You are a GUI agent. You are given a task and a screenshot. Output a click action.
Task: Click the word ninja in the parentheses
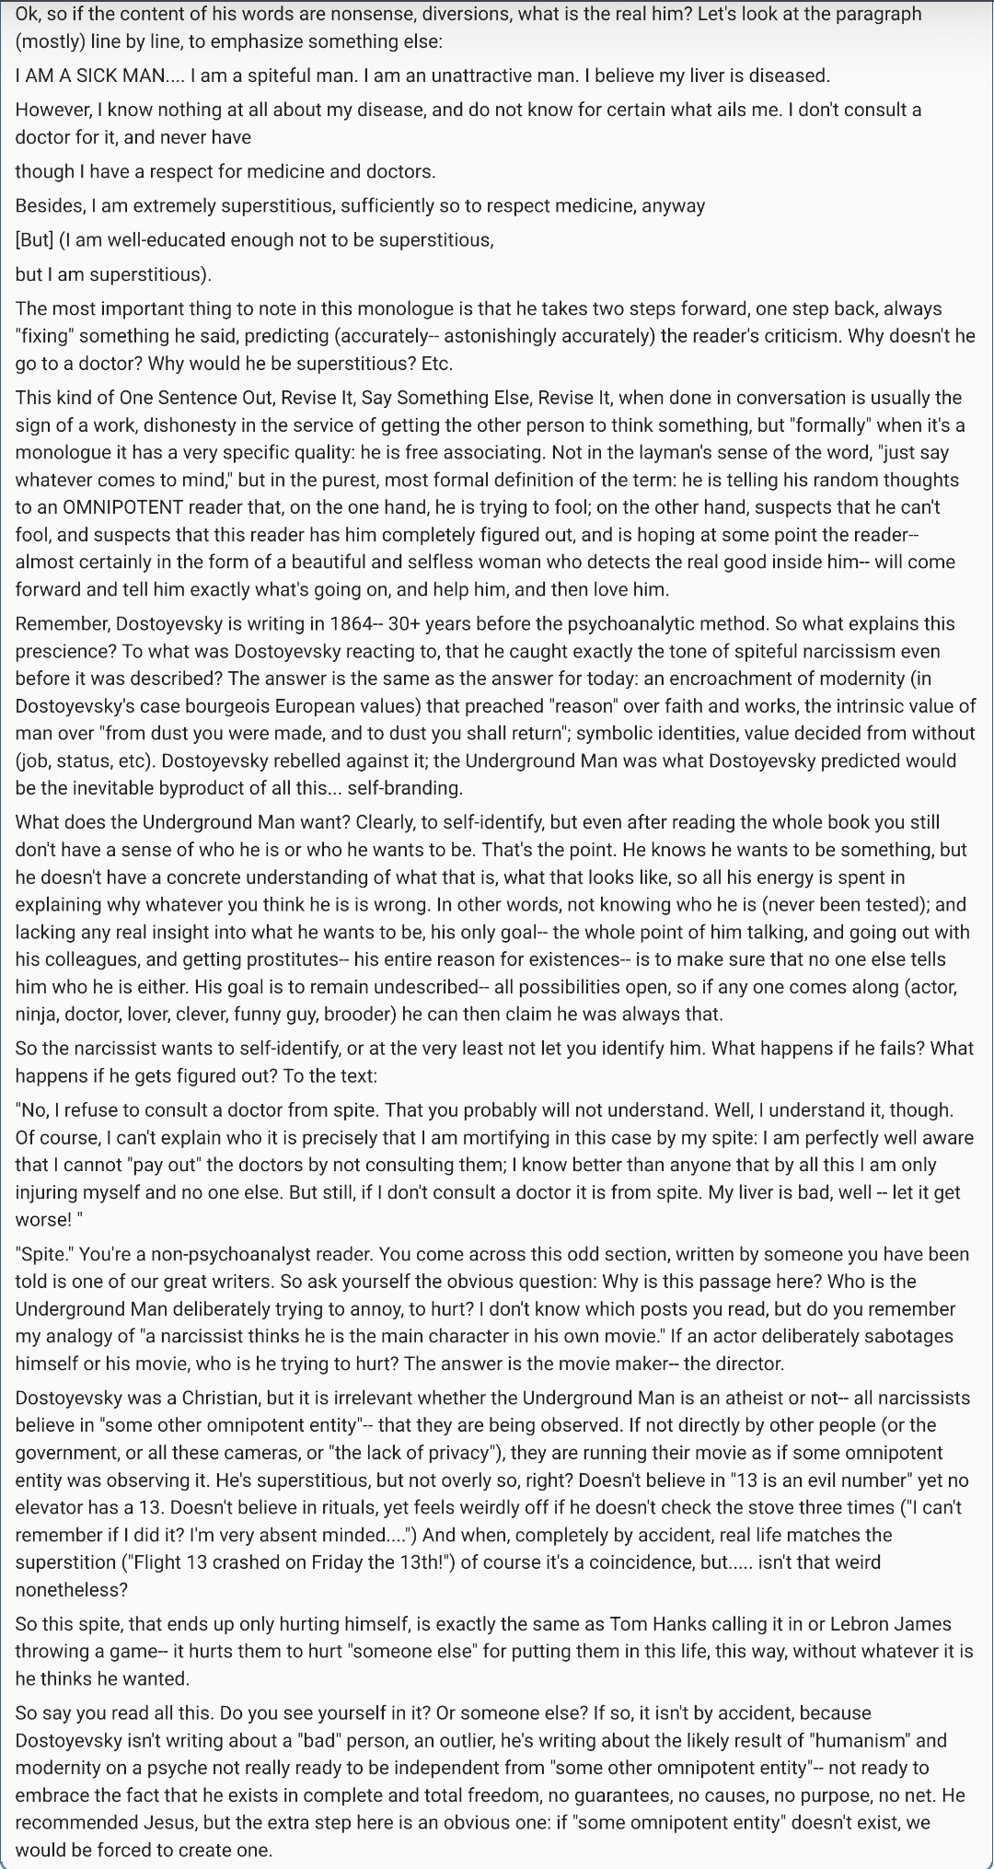tap(39, 1015)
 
